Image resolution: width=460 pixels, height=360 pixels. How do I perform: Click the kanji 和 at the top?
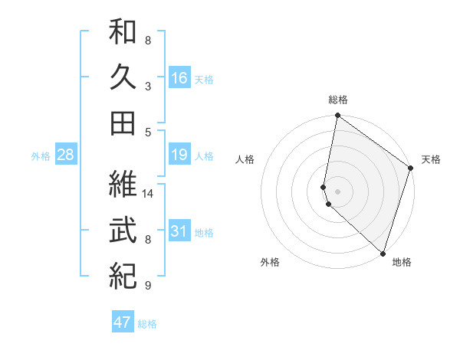point(123,33)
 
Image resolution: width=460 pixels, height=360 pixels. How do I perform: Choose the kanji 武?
point(123,229)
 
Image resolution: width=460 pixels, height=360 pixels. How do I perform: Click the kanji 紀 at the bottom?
point(123,273)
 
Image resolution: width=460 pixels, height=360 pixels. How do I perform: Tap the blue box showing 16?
point(179,77)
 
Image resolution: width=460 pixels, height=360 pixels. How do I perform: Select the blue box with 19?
point(179,155)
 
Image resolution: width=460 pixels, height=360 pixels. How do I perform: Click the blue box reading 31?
point(179,231)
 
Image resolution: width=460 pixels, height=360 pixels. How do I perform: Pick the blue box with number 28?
point(65,155)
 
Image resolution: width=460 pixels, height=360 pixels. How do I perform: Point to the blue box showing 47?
point(122,322)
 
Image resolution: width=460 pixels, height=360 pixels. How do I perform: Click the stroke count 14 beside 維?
point(148,194)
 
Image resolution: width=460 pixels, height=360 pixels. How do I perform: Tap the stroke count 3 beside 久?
point(148,86)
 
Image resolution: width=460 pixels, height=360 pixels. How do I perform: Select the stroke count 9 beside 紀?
point(148,286)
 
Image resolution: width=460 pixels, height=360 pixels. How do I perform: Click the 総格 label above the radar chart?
point(337,100)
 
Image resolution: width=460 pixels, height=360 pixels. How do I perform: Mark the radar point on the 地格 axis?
point(383,252)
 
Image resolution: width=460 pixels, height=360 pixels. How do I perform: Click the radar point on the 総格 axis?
point(337,116)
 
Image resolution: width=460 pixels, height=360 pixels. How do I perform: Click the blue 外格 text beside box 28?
point(41,155)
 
